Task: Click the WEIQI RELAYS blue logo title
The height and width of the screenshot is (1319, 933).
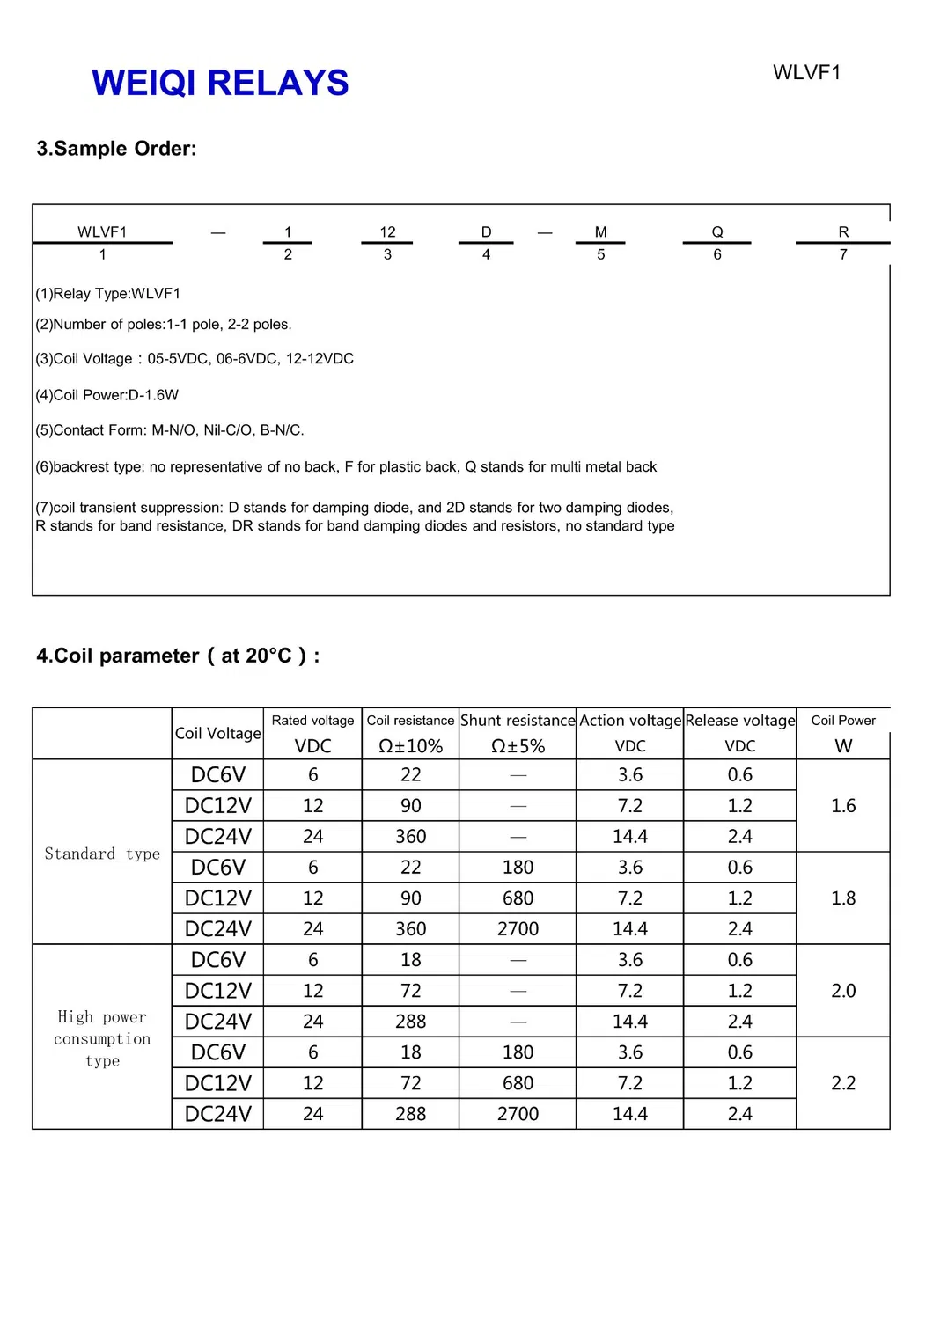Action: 220,83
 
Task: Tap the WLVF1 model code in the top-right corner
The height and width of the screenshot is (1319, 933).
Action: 806,72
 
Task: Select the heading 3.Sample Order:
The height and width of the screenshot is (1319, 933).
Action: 116,149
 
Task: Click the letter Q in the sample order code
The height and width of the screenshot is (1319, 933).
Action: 717,232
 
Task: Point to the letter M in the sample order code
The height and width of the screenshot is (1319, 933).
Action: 601,232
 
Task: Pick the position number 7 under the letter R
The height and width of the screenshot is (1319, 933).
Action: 843,254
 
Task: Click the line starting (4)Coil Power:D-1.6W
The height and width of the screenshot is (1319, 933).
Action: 107,395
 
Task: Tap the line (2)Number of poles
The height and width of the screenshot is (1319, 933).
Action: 164,325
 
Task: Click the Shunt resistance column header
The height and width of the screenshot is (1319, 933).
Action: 518,721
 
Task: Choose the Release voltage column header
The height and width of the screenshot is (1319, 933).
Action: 740,721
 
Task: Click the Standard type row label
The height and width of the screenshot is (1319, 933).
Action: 102,854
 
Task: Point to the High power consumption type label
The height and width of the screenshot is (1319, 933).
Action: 102,1038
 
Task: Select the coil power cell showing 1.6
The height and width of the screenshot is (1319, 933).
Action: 843,805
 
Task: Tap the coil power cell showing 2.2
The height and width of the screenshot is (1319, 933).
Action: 843,1082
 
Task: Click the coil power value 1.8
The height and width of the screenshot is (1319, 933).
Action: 843,898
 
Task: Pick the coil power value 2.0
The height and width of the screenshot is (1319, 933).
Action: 843,990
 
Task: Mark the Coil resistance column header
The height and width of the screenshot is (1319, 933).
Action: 410,721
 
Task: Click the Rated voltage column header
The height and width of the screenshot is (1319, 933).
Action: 312,721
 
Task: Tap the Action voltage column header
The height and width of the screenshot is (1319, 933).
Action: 630,721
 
